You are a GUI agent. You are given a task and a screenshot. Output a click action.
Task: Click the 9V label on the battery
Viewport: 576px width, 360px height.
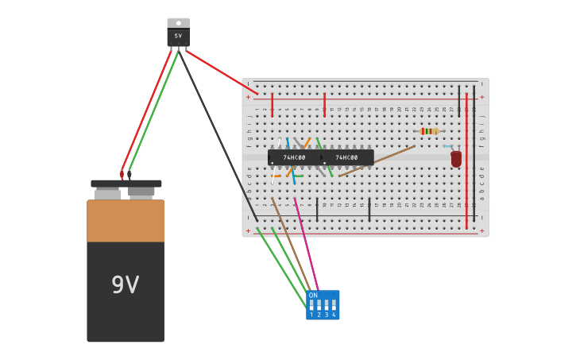tap(125, 285)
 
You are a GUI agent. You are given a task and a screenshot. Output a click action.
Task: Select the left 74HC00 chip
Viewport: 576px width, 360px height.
tap(294, 157)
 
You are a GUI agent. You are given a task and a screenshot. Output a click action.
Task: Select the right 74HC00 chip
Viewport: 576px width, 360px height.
tap(347, 157)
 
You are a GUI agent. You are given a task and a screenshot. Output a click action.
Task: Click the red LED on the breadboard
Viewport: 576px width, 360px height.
tap(456, 159)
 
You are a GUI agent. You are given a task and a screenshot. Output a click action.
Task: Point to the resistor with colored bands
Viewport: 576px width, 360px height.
tap(429, 131)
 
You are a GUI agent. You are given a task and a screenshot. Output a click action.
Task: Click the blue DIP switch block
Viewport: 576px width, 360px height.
tap(323, 305)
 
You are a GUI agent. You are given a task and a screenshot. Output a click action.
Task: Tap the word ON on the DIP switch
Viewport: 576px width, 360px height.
tap(313, 295)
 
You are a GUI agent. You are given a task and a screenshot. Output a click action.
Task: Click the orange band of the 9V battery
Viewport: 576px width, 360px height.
tap(126, 221)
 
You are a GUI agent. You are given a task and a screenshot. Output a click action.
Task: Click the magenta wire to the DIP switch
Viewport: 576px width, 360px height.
tap(306, 242)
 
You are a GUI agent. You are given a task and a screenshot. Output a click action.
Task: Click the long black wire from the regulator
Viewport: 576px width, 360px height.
tap(218, 135)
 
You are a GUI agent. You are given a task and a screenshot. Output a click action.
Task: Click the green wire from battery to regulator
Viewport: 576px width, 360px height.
tap(153, 111)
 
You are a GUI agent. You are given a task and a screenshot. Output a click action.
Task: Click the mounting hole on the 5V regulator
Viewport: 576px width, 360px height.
tap(178, 23)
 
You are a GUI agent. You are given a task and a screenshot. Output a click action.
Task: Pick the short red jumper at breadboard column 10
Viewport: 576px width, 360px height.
tap(324, 105)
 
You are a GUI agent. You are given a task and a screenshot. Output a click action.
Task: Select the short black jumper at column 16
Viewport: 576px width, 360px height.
tap(369, 210)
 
